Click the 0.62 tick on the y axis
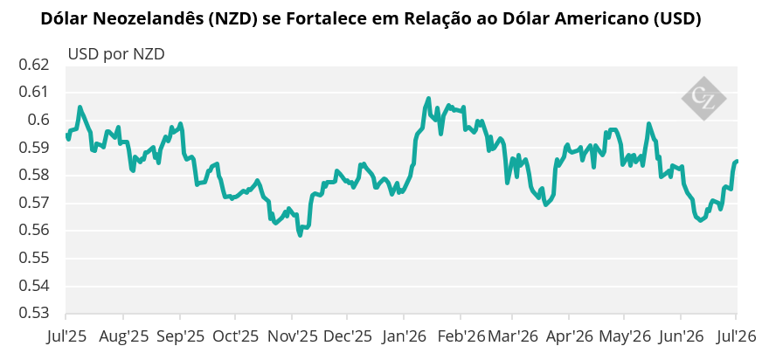point(33,65)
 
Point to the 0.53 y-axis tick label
point(33,314)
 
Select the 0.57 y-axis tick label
point(33,203)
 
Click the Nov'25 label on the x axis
point(291,336)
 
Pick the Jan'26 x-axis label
point(403,336)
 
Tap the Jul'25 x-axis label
point(66,336)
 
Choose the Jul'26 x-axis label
point(736,336)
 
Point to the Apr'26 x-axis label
point(569,336)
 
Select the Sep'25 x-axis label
point(180,336)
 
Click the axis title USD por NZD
point(116,54)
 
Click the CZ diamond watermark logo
point(703,98)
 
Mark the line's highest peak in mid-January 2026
point(428,99)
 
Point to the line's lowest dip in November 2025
point(300,235)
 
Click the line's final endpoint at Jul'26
point(736,162)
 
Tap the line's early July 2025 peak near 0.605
point(80,107)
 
